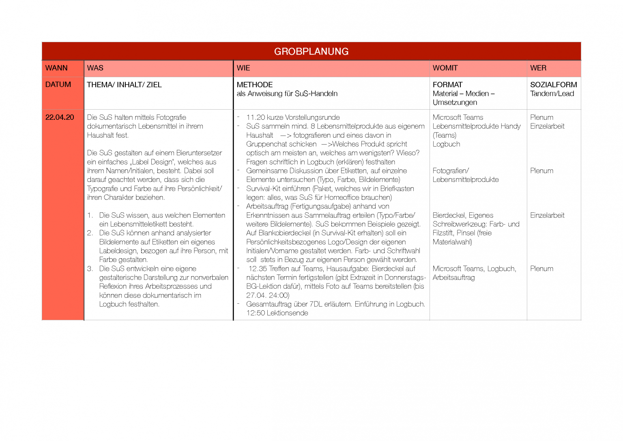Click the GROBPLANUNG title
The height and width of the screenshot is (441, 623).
click(x=311, y=52)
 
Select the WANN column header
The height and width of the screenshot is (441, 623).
click(x=56, y=68)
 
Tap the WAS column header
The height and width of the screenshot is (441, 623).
click(x=95, y=68)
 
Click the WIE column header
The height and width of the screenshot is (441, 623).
click(x=243, y=68)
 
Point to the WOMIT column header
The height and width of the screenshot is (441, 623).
click(x=445, y=68)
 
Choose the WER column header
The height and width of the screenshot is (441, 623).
click(x=538, y=68)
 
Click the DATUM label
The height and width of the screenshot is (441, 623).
click(x=58, y=85)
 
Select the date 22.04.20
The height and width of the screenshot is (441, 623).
click(x=60, y=117)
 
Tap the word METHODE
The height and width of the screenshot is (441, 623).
click(x=255, y=85)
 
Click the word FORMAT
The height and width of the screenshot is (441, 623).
click(x=447, y=85)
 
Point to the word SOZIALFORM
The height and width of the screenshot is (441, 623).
click(x=553, y=85)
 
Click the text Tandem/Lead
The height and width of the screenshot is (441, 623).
click(x=552, y=94)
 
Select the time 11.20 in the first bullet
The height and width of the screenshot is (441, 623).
click(x=256, y=117)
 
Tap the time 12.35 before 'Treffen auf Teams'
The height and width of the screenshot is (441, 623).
click(x=258, y=269)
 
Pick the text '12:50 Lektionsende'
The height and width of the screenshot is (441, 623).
click(x=277, y=313)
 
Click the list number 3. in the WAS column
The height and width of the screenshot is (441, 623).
click(x=90, y=269)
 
